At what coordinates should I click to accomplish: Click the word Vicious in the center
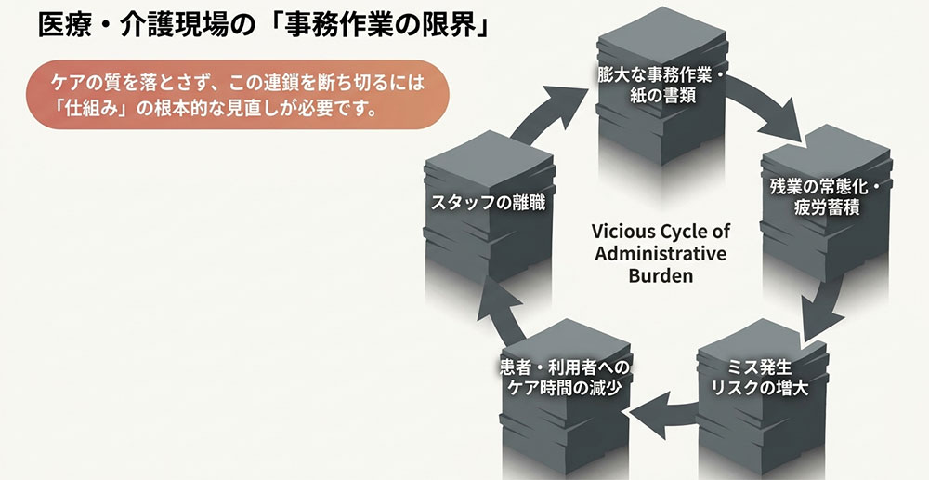pyautogui.click(x=622, y=231)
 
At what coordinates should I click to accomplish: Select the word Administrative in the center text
pyautogui.click(x=660, y=253)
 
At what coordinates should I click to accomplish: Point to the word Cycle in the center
pyautogui.click(x=685, y=231)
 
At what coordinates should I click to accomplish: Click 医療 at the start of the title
pyautogui.click(x=62, y=26)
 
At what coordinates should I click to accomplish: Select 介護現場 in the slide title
pyautogui.click(x=186, y=26)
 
